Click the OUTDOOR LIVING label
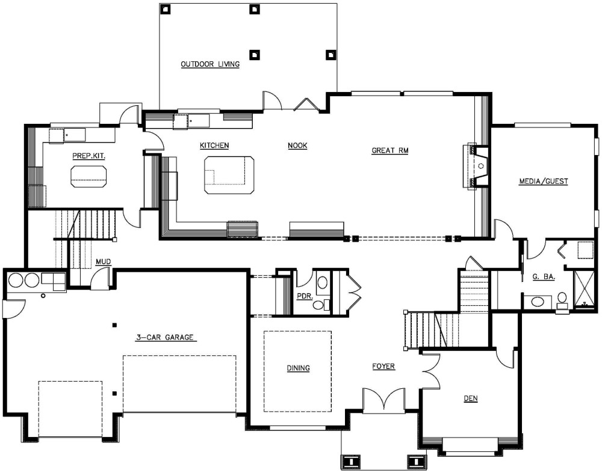point(210,64)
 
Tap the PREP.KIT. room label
point(88,156)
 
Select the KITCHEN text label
point(214,145)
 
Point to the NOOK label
point(297,145)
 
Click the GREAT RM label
point(389,151)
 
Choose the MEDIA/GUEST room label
point(543,182)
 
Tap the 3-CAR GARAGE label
point(165,338)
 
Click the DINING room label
point(299,368)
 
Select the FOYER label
point(383,367)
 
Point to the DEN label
point(471,398)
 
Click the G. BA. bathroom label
point(544,276)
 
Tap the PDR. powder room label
point(305,297)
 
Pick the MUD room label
point(104,262)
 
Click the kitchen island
point(229,175)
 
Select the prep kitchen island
point(88,176)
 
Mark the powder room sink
point(322,283)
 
